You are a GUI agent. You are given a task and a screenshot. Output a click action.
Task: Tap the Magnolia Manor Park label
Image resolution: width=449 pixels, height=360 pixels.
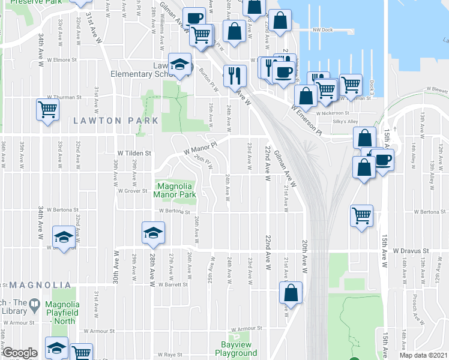[175, 190]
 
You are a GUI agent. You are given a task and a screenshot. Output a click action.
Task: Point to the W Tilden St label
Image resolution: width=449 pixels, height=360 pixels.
[134, 154]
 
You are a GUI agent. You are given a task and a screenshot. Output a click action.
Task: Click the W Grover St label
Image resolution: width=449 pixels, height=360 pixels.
[133, 191]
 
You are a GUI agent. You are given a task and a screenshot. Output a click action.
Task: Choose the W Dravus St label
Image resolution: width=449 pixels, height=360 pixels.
[412, 250]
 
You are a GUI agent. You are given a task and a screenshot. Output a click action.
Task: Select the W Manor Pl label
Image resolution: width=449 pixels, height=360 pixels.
[199, 146]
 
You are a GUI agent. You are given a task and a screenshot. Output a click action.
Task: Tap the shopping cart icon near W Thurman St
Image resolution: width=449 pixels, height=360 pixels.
[47, 109]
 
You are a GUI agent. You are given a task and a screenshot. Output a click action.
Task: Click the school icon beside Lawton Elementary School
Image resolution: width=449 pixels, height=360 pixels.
[178, 64]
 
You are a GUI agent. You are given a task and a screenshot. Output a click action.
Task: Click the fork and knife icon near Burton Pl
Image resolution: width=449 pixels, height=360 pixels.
[235, 75]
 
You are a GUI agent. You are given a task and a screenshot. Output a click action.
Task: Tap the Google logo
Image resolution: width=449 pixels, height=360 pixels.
[20, 353]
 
